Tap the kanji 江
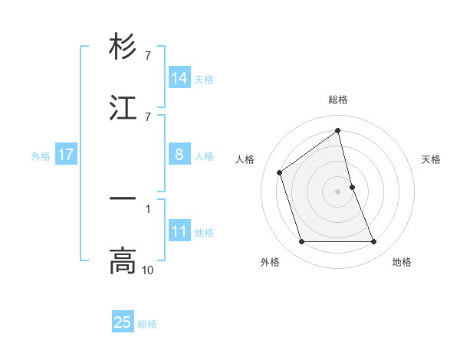[123, 108]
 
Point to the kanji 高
[123, 261]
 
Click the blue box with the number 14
[179, 78]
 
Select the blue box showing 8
[179, 155]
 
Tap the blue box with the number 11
[179, 231]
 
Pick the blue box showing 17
[66, 155]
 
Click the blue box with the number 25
[123, 322]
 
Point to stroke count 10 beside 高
[148, 270]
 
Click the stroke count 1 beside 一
[148, 207]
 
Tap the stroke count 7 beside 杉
[148, 55]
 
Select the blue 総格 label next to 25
[148, 324]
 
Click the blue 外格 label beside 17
[41, 156]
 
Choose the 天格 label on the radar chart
[431, 159]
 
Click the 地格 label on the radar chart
[402, 262]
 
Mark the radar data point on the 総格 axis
[338, 130]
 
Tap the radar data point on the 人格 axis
[280, 172]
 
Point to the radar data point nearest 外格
[302, 242]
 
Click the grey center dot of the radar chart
[338, 191]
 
